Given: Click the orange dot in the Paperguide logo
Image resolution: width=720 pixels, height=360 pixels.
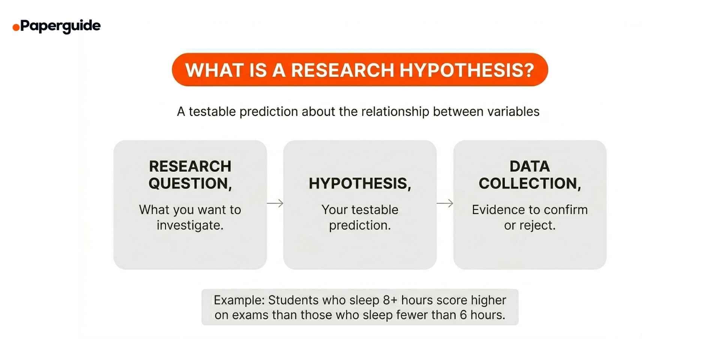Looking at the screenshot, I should click(16, 27).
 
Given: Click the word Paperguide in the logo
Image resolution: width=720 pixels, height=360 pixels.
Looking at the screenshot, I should click(60, 26).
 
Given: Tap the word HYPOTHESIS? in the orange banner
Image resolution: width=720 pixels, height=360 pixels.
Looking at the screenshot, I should click(466, 70).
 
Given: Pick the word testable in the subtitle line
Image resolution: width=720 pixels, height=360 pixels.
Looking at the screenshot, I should click(212, 111).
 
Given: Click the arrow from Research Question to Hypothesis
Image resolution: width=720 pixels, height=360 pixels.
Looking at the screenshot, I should click(275, 203).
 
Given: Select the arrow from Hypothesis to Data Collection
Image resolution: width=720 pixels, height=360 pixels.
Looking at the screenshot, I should click(445, 203).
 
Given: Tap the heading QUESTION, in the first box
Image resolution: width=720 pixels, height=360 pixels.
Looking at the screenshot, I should click(190, 183).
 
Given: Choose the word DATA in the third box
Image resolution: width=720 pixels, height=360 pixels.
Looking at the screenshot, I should click(529, 166).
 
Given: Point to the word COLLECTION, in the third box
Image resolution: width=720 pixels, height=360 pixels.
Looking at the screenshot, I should click(529, 183).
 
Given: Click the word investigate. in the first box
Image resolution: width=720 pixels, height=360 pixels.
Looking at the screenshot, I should click(190, 225).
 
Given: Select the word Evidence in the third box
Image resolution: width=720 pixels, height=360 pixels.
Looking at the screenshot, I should click(495, 210).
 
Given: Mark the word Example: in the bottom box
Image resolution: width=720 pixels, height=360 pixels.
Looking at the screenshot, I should click(239, 300).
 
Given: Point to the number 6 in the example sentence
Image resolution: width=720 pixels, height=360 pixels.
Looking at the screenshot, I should click(463, 315).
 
